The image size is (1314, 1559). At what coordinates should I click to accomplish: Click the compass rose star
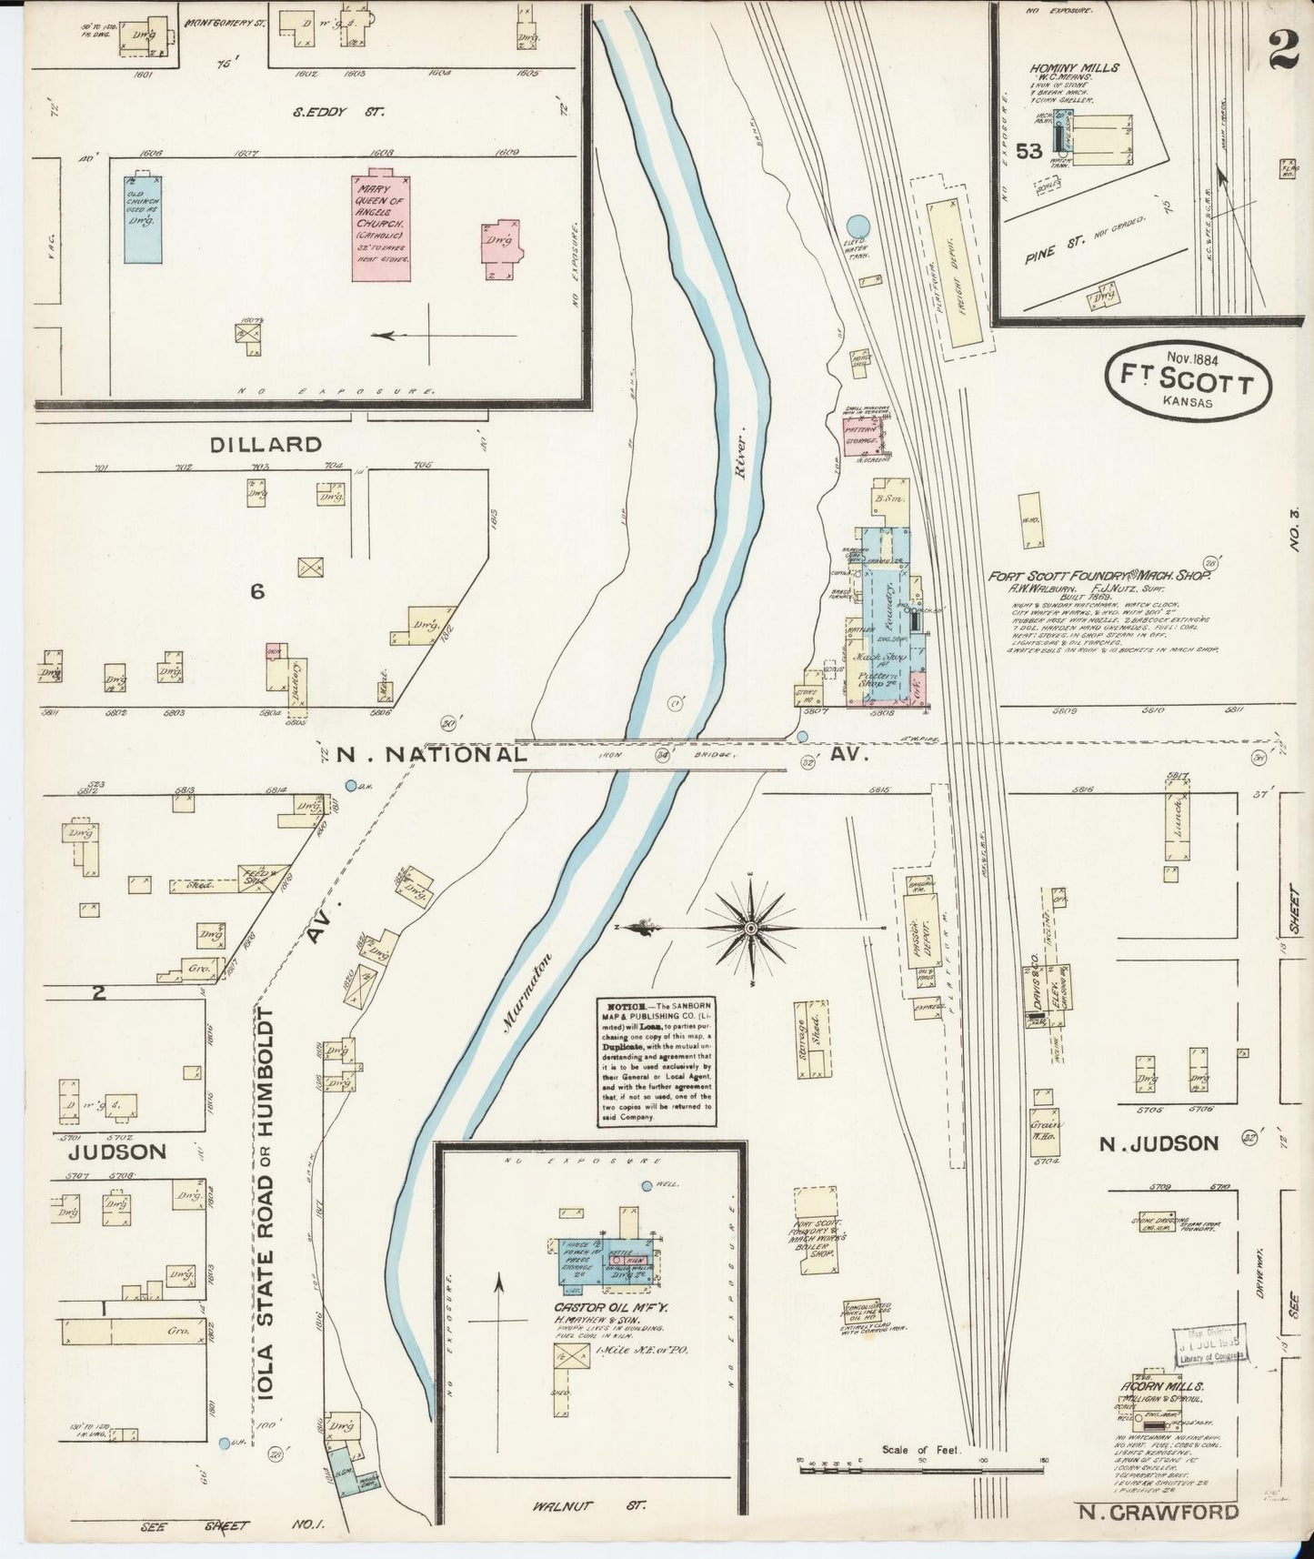pyautogui.click(x=751, y=927)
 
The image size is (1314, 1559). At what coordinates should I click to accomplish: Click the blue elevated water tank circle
pyautogui.click(x=856, y=226)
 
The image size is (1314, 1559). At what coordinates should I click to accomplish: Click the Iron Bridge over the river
pyautogui.click(x=651, y=755)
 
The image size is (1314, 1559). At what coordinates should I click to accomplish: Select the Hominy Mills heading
pyautogui.click(x=1074, y=68)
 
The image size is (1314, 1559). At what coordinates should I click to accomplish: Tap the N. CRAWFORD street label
pyautogui.click(x=1159, y=1512)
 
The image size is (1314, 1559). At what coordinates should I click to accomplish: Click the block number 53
pyautogui.click(x=1028, y=152)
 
